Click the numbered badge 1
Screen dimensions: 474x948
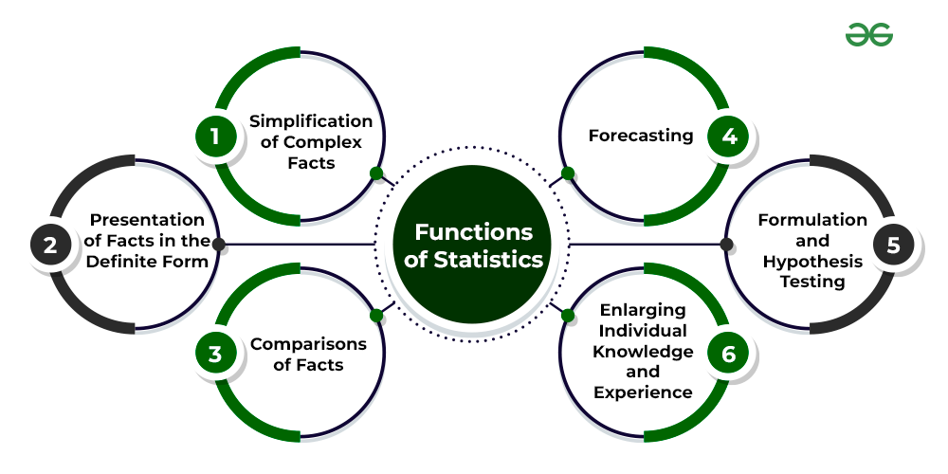[215, 136]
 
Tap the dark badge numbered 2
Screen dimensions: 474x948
[50, 245]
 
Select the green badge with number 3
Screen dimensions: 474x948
[215, 355]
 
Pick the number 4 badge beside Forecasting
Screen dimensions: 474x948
[729, 136]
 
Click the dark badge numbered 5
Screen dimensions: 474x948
[893, 245]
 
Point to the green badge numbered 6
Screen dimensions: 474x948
[729, 355]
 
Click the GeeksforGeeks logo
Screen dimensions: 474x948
[869, 35]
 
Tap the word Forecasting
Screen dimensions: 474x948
[641, 136]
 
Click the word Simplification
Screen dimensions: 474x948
[311, 120]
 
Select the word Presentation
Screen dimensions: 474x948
[148, 220]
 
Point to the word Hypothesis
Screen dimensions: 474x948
[812, 262]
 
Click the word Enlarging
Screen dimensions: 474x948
[643, 310]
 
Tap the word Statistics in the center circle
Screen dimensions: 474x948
[489, 259]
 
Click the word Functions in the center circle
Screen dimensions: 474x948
[474, 231]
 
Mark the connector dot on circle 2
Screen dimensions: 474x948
[219, 245]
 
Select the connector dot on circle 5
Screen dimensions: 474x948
[727, 245]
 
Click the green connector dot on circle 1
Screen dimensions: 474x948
[376, 173]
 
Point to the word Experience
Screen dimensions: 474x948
[643, 392]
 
